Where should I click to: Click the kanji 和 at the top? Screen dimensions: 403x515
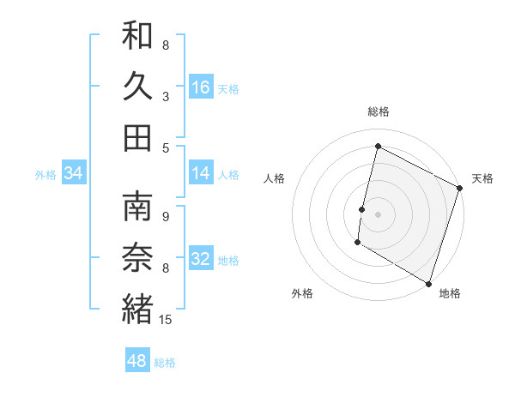[137, 36]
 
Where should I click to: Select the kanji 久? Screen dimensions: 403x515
[137, 86]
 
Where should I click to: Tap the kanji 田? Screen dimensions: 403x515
[137, 136]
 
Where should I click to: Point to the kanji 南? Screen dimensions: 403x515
[137, 208]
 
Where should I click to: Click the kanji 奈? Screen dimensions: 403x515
[137, 258]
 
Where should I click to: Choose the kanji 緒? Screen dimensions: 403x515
[137, 309]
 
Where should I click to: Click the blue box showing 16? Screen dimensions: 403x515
[201, 87]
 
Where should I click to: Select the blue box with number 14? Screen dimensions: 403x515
[201, 173]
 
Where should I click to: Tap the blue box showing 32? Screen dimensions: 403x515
[201, 259]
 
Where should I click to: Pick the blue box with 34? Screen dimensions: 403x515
[73, 173]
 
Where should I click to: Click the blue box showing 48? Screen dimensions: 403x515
[137, 361]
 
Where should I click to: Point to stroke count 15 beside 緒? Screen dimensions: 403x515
[167, 320]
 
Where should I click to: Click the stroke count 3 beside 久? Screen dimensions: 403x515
[166, 97]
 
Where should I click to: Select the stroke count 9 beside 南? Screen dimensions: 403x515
[166, 216]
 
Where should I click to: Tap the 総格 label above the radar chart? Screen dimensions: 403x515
[379, 111]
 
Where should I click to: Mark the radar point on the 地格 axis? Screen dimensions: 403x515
[428, 282]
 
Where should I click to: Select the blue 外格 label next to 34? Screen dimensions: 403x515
[45, 174]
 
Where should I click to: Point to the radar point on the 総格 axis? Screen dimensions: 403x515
[379, 147]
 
